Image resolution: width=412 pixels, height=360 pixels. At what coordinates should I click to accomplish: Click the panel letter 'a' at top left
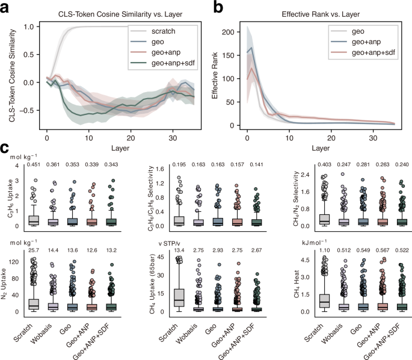(x=5, y=6)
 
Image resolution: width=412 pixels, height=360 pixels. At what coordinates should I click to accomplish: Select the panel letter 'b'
(x=221, y=6)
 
